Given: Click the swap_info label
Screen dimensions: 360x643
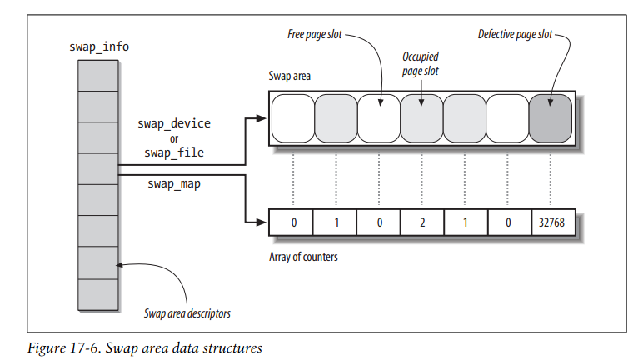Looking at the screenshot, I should click(97, 46).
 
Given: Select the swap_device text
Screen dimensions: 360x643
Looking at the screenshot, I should click(174, 123).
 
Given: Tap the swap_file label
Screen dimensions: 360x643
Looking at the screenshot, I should click(174, 153).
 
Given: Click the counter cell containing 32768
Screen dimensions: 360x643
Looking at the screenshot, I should click(550, 223).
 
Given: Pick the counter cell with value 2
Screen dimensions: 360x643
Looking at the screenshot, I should click(421, 223).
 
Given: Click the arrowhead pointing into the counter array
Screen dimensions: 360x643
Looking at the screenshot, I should click(262, 222).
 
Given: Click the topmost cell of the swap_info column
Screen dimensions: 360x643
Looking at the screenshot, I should click(97, 74).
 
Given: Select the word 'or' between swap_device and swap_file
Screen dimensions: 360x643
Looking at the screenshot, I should click(174, 138).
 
